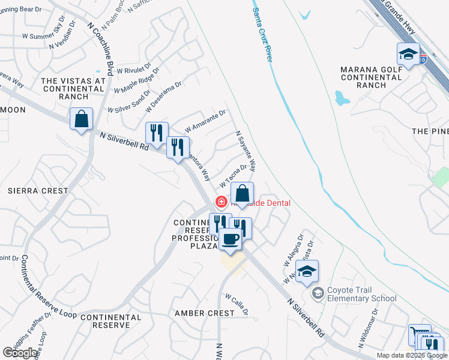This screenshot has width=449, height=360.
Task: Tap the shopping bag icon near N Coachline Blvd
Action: (x=81, y=118)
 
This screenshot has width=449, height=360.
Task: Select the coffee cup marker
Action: (x=231, y=239)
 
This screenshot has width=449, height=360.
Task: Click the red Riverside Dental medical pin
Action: (x=221, y=202)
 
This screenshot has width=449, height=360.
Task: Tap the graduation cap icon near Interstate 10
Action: (x=408, y=54)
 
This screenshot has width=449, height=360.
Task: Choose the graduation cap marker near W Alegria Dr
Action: (x=307, y=272)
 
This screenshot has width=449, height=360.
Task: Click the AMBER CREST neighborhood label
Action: (x=205, y=313)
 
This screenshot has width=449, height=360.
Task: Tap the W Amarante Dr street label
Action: (x=205, y=121)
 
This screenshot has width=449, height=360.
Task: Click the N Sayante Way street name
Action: (x=246, y=151)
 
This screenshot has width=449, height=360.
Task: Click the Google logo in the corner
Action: (x=20, y=353)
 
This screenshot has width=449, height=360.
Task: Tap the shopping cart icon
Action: (x=418, y=335)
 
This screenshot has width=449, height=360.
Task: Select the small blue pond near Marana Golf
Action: (x=342, y=97)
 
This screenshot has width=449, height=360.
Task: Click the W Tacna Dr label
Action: (x=234, y=176)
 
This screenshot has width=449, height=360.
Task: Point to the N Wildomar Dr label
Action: (x=369, y=328)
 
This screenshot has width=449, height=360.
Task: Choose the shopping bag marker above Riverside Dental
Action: (x=242, y=194)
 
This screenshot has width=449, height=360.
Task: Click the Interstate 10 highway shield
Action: (x=423, y=59)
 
